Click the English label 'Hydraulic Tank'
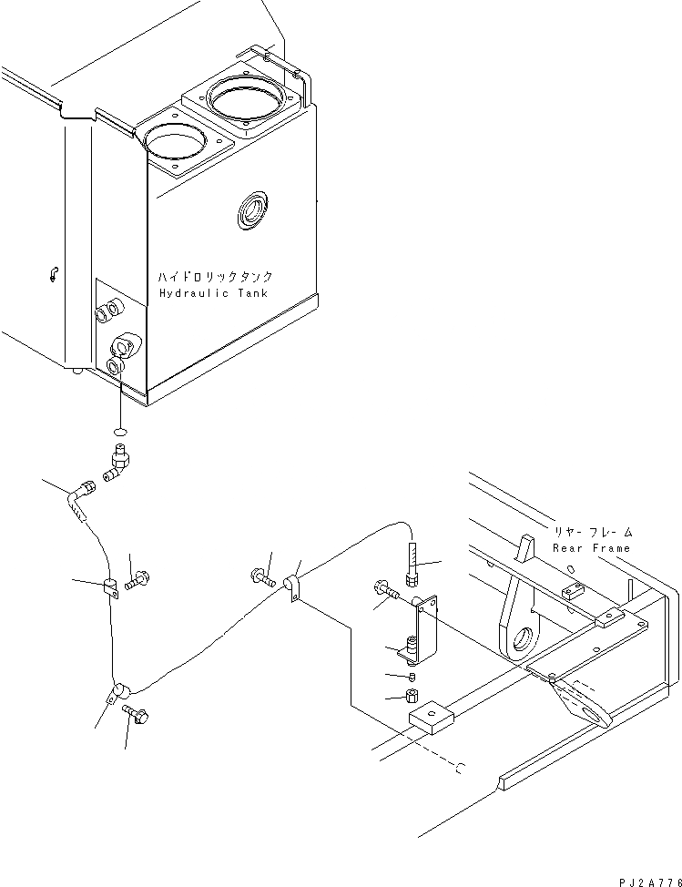(x=215, y=293)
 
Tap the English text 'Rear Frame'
(x=591, y=548)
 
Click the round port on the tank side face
(x=251, y=213)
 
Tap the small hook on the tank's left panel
(x=55, y=270)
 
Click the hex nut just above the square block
(x=412, y=698)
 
